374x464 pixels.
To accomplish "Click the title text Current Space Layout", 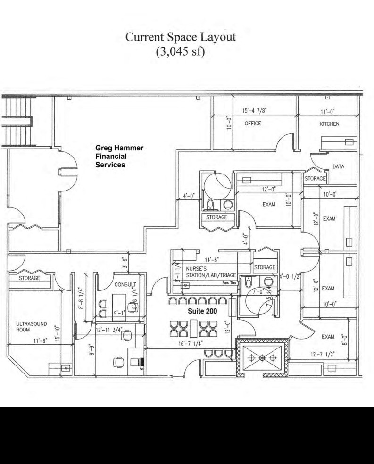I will (x=180, y=37).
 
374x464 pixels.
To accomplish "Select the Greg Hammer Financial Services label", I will (x=119, y=157).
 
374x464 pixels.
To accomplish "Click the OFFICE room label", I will (x=253, y=124).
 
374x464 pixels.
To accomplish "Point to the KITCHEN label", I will (x=329, y=124).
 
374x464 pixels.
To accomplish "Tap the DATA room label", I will (x=338, y=167).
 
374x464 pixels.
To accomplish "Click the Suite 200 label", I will (x=202, y=312).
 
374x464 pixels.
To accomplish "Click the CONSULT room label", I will (x=125, y=285).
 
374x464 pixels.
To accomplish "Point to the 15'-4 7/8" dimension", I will (x=255, y=111).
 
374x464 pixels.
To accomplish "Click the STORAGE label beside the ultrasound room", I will (x=29, y=278).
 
